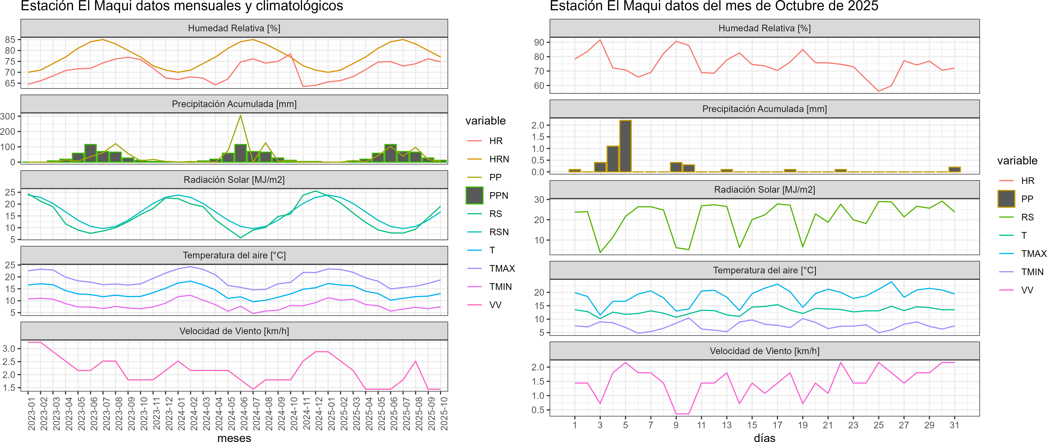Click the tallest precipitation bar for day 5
click(x=625, y=146)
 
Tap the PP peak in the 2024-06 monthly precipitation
click(x=240, y=116)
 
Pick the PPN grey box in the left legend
click(x=474, y=195)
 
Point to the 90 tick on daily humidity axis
click(x=539, y=42)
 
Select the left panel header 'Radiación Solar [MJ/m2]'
click(x=234, y=180)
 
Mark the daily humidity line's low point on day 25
click(x=878, y=91)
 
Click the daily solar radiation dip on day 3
click(x=600, y=252)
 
